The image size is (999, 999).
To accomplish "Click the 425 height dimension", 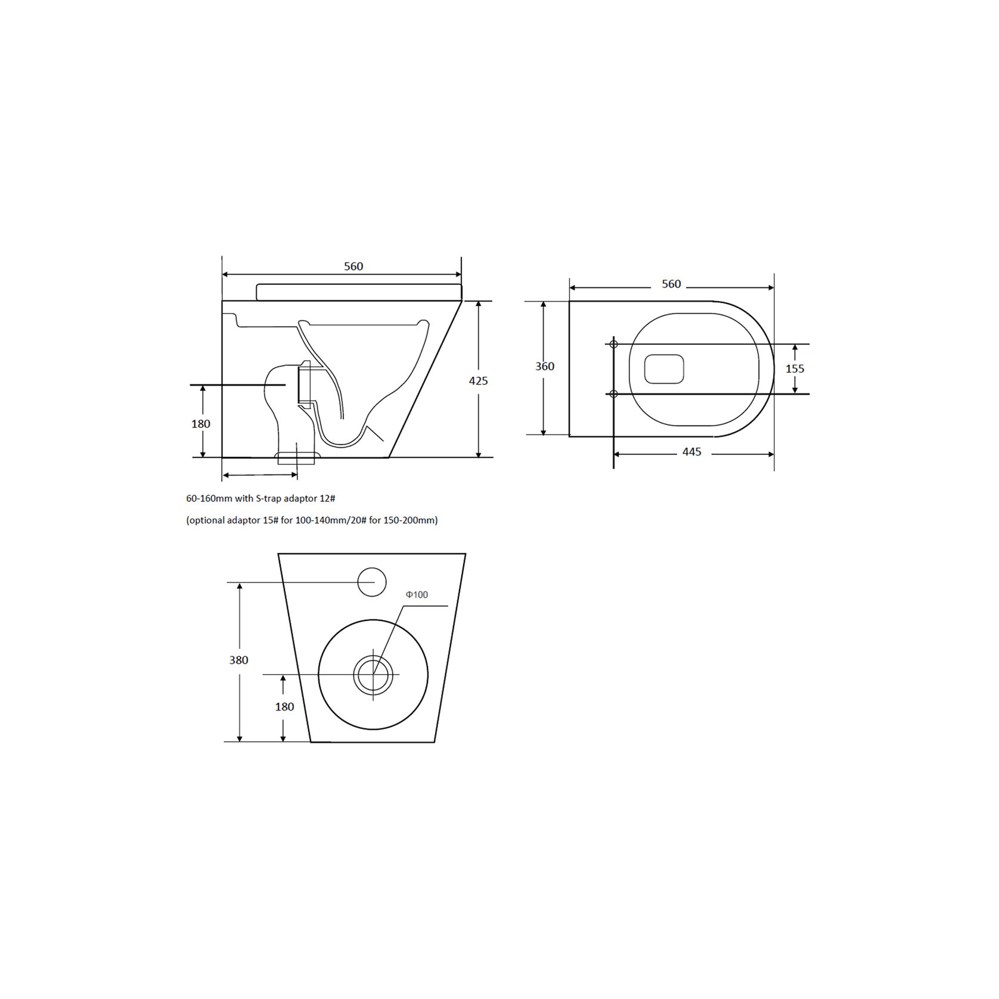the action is pos(478,380).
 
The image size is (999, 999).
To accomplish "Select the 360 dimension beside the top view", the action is pos(545,366).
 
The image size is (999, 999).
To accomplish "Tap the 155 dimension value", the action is pos(795,368).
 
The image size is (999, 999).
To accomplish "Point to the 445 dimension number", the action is pos(691,452).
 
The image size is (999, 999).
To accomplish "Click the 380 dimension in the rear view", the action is pos(238,660).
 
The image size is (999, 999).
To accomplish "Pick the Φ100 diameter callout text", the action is pos(417,594).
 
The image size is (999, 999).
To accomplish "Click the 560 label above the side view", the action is pos(353,266).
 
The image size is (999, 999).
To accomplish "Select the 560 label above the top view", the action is pos(671,284).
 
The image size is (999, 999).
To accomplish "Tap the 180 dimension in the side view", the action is pos(201,424).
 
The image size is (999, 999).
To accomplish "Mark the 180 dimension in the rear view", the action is pos(284,706).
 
